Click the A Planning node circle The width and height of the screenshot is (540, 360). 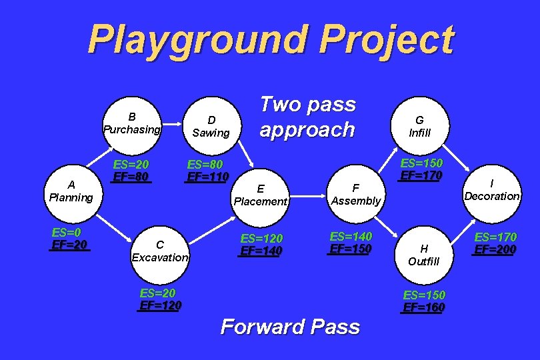pos(71,191)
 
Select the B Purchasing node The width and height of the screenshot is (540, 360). pos(132,124)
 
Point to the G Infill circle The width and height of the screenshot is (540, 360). pos(420,126)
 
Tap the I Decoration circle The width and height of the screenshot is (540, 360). pos(492,191)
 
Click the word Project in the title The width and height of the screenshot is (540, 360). pos(387,40)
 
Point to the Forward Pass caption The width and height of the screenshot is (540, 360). pos(290,327)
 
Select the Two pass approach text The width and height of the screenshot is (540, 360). pos(307,117)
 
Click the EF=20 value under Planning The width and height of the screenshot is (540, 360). pos(70,245)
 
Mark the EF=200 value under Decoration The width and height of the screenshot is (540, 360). pos(495,250)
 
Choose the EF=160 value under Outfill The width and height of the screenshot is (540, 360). pos(424,307)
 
